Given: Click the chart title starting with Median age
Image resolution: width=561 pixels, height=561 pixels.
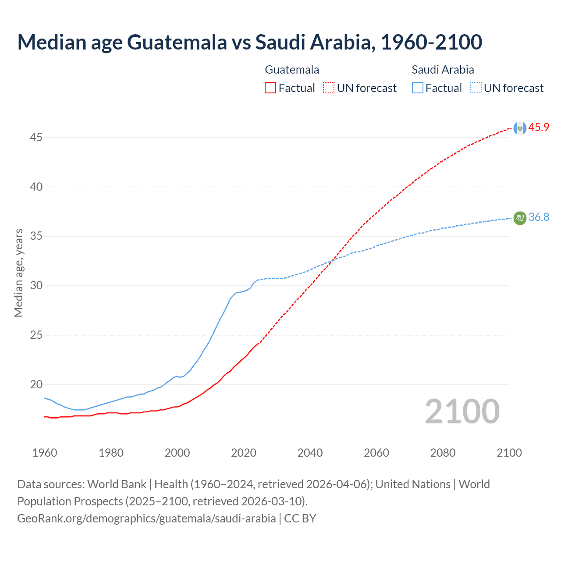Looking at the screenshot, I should coord(249,42).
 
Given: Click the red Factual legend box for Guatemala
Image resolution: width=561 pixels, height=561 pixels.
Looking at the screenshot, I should coord(270,88).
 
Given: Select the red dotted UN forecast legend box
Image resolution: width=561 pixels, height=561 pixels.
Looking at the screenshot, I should coord(329,88).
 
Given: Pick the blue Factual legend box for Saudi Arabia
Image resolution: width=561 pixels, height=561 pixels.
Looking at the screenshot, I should coord(417,88).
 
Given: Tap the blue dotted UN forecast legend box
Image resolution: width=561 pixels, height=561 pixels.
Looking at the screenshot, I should coord(476,88).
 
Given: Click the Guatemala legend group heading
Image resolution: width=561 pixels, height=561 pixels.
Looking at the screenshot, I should coord(292,70).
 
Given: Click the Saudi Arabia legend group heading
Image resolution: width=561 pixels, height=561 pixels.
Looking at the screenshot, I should coord(443,70).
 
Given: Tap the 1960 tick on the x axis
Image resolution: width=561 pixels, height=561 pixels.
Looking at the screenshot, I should coord(45,453).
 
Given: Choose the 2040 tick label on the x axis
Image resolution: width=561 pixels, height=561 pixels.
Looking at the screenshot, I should coord(310,453).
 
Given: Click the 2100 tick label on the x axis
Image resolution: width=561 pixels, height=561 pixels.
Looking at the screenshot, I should coord(509,453).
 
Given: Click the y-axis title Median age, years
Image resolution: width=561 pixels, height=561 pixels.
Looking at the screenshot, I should coord(18,273).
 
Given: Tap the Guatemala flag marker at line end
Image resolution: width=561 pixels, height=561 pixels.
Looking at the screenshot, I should coord(520,128).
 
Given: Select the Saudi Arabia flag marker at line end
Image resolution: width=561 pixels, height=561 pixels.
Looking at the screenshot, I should coord(520,218).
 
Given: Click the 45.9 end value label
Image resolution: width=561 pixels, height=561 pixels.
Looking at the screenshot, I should coord(539,128).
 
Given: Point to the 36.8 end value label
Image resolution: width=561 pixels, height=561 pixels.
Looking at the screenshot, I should coord(539,217).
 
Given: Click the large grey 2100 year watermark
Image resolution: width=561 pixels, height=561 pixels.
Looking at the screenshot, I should coord(462,412).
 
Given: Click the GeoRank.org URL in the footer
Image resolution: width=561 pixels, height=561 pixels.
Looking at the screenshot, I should coord(146,518).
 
